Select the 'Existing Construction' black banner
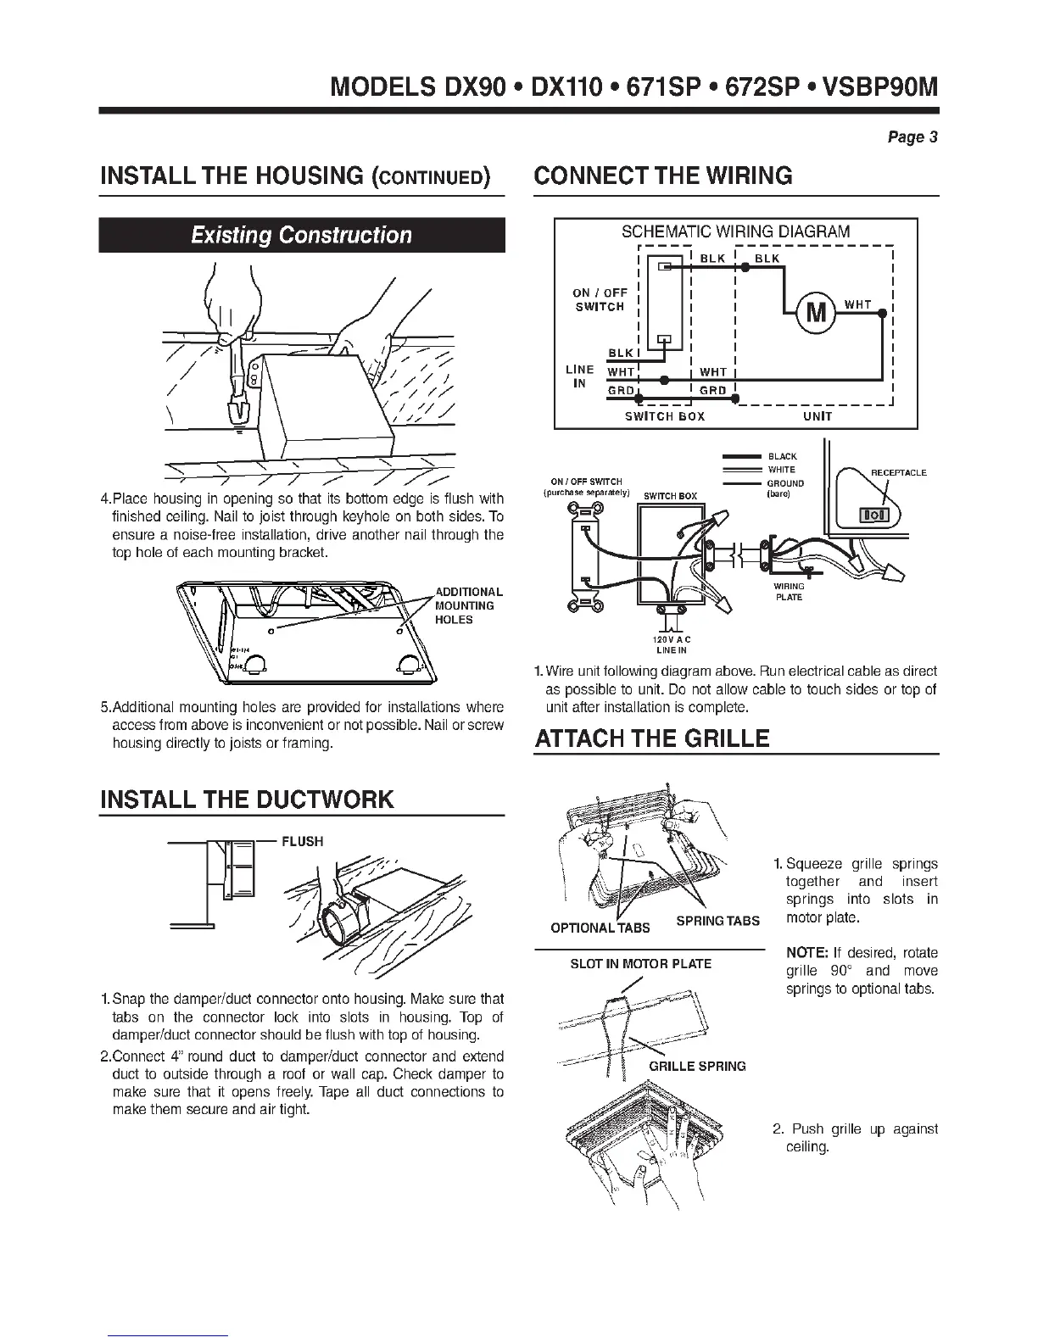click(302, 235)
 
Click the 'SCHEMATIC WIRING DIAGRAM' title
click(735, 231)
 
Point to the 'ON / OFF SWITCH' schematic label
click(600, 299)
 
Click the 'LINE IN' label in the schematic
click(579, 376)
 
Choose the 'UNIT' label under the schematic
click(818, 416)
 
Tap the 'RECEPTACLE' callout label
click(898, 472)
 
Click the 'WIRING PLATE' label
click(789, 591)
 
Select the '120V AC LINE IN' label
click(671, 644)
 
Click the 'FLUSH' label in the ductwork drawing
click(302, 841)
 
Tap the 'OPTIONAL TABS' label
click(600, 928)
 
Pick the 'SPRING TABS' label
click(717, 921)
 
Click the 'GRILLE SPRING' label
click(697, 1066)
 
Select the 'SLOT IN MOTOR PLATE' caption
click(640, 963)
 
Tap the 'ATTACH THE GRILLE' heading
click(651, 738)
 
